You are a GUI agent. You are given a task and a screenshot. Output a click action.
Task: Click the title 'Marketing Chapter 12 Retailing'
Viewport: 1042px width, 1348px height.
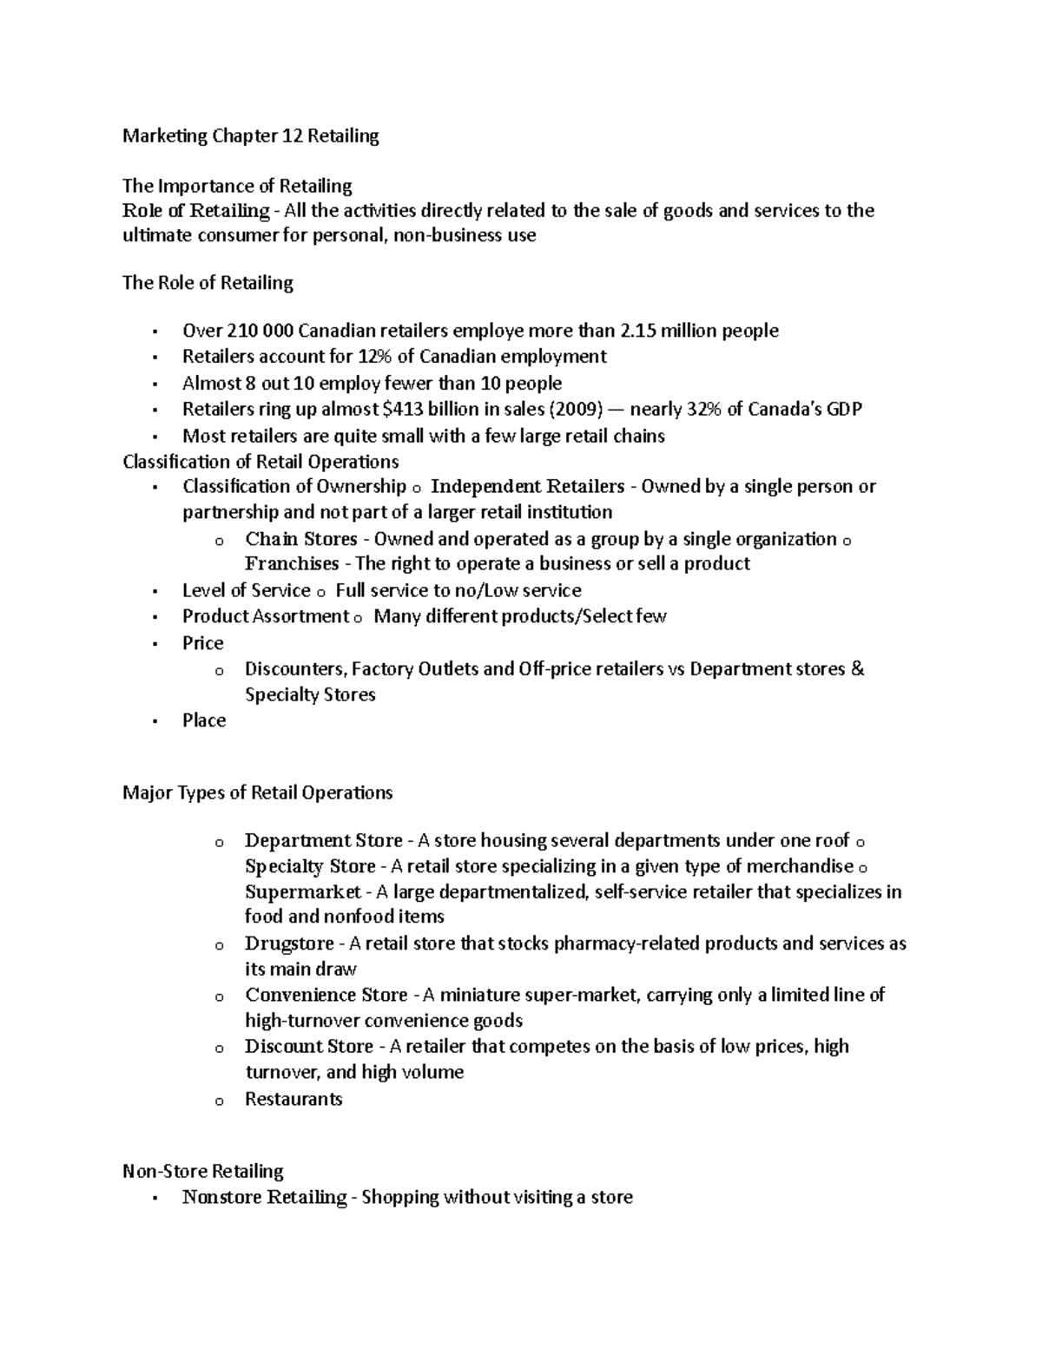click(250, 136)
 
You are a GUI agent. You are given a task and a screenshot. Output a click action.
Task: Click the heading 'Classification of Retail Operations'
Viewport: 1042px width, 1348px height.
click(260, 461)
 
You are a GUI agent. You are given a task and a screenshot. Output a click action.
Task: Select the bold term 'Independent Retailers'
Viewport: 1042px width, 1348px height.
click(527, 486)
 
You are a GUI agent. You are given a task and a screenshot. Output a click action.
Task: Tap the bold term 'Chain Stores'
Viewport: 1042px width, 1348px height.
click(300, 539)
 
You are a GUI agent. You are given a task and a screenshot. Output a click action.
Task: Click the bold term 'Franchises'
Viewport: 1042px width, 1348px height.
click(292, 563)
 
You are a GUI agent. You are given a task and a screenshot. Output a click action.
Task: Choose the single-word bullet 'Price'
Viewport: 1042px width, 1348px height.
click(203, 643)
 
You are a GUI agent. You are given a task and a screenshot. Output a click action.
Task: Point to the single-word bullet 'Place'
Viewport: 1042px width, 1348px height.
click(204, 720)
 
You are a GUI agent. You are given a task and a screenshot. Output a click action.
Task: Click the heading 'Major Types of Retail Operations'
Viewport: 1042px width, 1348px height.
click(258, 792)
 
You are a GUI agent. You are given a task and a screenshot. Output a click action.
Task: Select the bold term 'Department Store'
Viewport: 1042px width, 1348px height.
click(323, 840)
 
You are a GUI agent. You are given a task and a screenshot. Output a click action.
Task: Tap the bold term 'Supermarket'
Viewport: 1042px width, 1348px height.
click(302, 891)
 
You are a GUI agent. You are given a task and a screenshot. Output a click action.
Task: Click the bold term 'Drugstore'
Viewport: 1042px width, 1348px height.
click(289, 944)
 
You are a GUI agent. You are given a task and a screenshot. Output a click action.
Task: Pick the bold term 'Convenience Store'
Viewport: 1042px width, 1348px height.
click(326, 995)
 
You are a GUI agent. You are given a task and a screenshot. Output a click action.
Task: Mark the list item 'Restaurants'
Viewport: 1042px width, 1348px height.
click(293, 1099)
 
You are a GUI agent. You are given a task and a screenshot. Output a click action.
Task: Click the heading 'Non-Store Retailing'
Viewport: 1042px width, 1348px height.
click(203, 1171)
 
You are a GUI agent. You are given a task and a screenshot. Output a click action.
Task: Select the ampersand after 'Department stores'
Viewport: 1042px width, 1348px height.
click(858, 669)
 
